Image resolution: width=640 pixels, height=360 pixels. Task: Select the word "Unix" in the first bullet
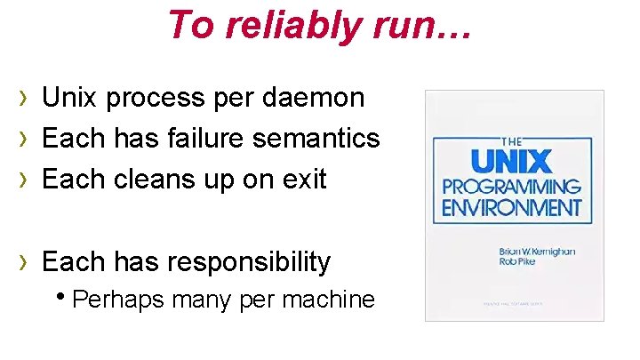(x=71, y=98)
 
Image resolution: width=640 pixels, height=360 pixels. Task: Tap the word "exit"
(x=305, y=180)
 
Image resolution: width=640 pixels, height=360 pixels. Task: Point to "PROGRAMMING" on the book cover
(x=511, y=188)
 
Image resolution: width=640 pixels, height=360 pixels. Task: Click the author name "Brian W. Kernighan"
(x=537, y=252)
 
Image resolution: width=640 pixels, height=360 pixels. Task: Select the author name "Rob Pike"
(x=518, y=263)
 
